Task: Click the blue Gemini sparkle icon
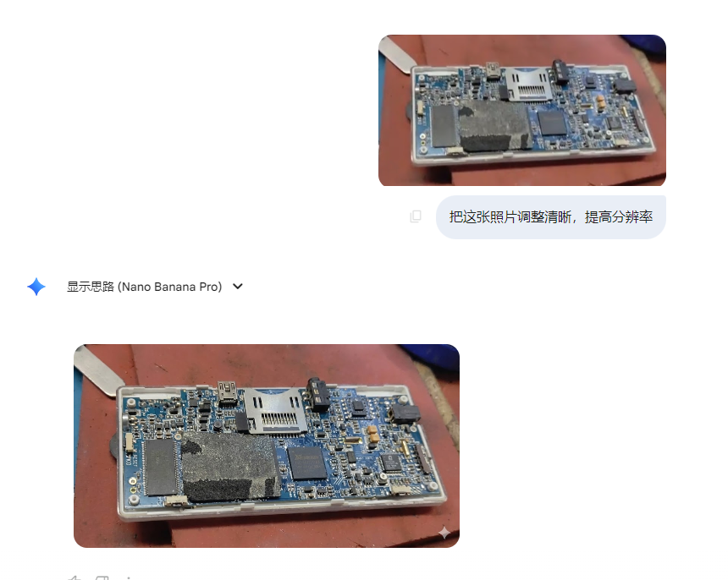(x=36, y=287)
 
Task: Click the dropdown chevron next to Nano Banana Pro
(x=238, y=287)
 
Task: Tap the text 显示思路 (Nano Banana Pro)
(x=144, y=287)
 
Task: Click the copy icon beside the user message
(x=416, y=216)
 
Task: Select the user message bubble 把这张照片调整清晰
(x=550, y=217)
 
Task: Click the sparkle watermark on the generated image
(x=444, y=533)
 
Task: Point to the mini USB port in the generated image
(x=227, y=391)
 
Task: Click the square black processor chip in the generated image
(x=306, y=464)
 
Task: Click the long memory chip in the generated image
(x=158, y=468)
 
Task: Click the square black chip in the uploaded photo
(x=552, y=123)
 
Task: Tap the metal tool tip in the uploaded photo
(x=394, y=54)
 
